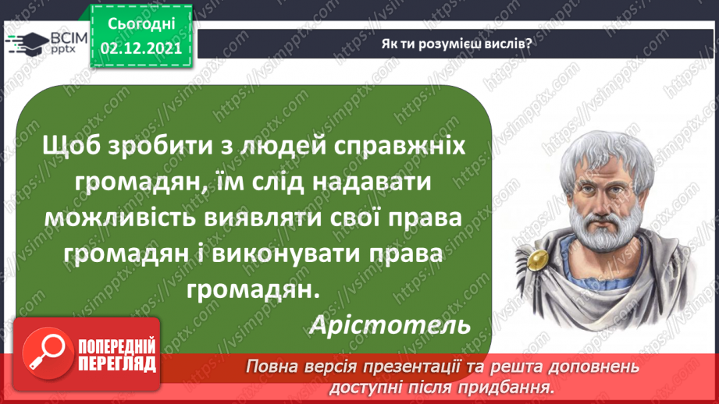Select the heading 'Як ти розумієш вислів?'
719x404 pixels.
pos(457,44)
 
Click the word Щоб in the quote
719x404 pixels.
pos(73,147)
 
